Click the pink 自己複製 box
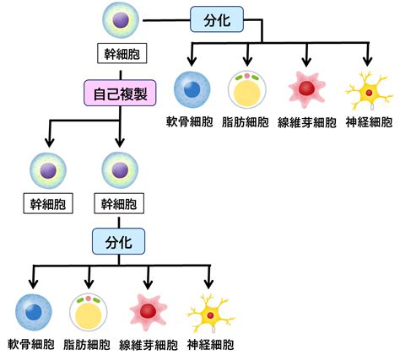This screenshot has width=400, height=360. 120,93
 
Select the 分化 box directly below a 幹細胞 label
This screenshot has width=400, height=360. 119,241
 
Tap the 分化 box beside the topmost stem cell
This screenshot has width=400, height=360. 217,19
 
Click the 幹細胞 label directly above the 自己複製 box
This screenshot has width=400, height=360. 122,53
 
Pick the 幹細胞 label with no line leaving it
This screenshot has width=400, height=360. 48,203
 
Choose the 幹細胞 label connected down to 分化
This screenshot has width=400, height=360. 119,203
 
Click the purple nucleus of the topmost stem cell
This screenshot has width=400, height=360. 121,20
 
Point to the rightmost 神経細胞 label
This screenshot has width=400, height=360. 369,122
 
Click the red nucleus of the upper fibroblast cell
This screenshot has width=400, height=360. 306,88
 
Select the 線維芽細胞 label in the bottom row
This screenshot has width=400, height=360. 149,345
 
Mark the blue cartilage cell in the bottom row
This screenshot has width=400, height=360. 34,312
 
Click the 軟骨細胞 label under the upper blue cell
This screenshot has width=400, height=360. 189,121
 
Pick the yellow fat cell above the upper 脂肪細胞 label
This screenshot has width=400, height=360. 247,89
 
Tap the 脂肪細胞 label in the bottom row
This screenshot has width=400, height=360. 87,345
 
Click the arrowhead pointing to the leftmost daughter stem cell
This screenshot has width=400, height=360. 50,142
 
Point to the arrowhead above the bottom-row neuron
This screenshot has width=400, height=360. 208,283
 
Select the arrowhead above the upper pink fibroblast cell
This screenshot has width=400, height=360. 306,61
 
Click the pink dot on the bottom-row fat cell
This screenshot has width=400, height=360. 89,298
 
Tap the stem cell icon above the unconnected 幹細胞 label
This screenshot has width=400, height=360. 48,170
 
